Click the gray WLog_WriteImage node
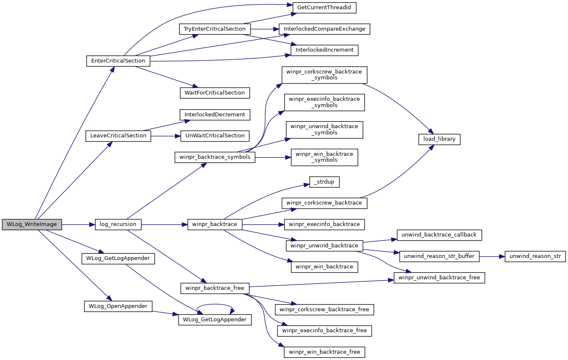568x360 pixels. click(x=32, y=224)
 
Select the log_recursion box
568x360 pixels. click(x=118, y=224)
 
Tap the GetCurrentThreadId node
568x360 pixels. click(x=324, y=8)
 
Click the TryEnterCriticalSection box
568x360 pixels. click(x=215, y=29)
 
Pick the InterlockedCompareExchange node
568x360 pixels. click(x=324, y=29)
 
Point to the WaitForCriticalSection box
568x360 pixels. click(x=215, y=93)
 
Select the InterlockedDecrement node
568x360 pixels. click(x=215, y=115)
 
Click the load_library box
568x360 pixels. click(x=439, y=139)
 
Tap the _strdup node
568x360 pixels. click(x=324, y=182)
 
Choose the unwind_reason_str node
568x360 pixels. click(x=535, y=256)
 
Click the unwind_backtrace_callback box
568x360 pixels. click(x=439, y=235)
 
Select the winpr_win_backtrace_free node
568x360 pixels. click(x=324, y=352)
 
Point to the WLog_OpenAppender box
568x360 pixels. click(x=118, y=306)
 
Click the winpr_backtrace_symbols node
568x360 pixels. click(x=215, y=158)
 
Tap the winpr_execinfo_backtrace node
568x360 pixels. click(x=324, y=224)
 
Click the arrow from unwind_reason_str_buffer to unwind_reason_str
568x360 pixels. click(x=492, y=256)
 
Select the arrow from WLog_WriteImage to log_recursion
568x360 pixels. click(x=78, y=224)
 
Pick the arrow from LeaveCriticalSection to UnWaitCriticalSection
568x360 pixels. click(x=166, y=136)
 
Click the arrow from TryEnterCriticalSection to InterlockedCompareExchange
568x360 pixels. click(x=265, y=29)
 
